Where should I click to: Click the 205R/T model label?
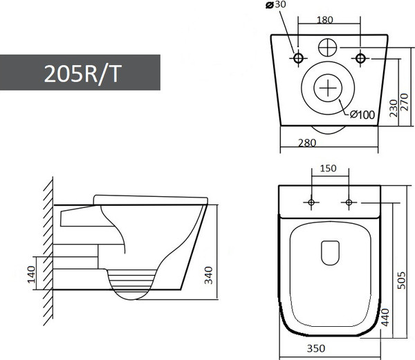[x=82, y=74]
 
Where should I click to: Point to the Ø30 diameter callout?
[x=275, y=6]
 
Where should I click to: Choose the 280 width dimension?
[x=306, y=143]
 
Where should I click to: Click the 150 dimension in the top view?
[x=328, y=169]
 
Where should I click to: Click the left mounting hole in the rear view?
[x=298, y=57]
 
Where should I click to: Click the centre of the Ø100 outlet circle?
[x=329, y=89]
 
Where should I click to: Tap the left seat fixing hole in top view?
[x=310, y=202]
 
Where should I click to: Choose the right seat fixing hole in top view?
[x=348, y=202]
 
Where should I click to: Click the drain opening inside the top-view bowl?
[x=331, y=252]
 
